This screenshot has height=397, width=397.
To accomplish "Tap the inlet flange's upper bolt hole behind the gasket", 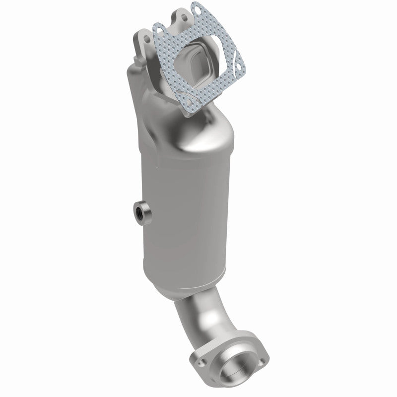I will pos(185,18).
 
